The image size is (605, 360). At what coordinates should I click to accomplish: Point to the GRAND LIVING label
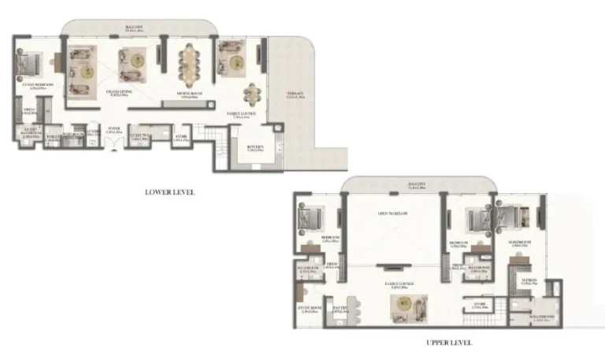tap(120, 92)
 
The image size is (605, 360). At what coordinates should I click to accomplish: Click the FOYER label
tap(113, 132)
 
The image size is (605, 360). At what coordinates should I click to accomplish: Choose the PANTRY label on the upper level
tap(340, 308)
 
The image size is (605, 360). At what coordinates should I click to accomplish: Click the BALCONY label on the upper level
tap(418, 185)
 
